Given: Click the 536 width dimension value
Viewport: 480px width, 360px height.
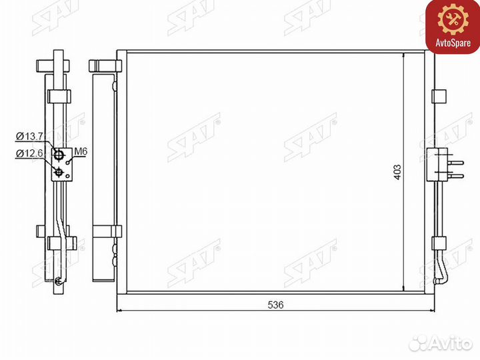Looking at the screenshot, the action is [275, 305].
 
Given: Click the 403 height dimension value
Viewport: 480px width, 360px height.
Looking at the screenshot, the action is [397, 173].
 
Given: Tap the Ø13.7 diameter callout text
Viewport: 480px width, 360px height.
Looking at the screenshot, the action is [30, 136].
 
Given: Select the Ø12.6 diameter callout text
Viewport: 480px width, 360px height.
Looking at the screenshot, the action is [30, 153].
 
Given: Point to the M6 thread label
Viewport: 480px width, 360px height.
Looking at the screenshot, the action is [81, 151].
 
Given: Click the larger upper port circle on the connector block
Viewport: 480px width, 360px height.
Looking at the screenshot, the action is [59, 155].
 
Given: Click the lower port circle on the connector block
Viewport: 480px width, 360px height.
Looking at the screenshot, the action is [58, 173].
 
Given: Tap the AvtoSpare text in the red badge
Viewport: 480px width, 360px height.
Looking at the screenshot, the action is [453, 43].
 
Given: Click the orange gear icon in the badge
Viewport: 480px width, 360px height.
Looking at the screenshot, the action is [453, 19].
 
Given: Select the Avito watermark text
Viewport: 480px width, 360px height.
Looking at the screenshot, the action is [451, 343].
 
